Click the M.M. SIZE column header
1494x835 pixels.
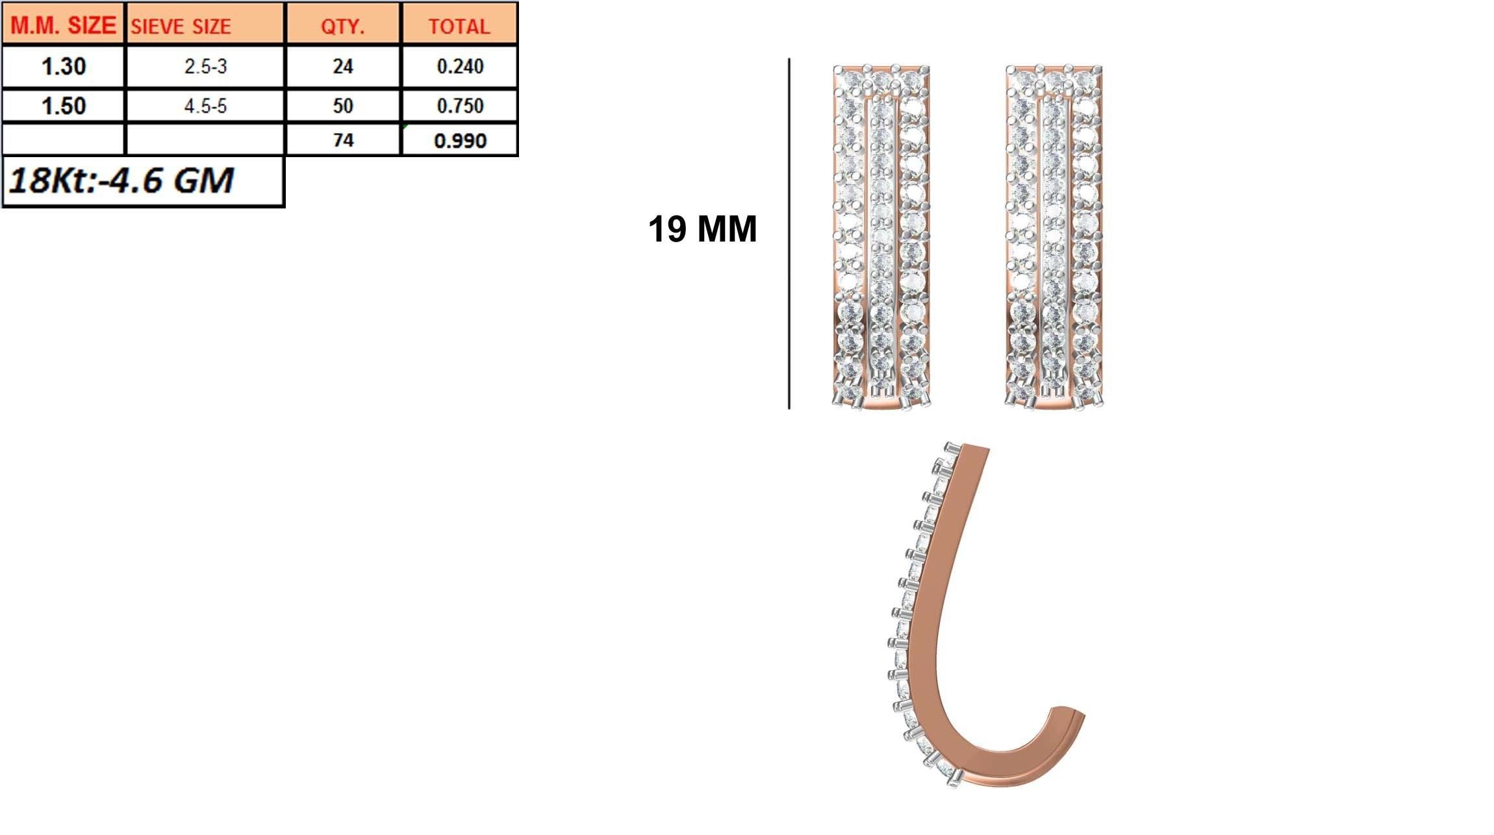63,25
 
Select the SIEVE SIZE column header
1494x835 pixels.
181,27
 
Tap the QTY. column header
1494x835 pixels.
342,27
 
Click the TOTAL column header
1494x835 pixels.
459,27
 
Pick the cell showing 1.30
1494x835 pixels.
63,66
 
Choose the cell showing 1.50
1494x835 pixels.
63,106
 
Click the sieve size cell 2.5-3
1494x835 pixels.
205,66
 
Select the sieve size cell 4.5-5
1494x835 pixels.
205,106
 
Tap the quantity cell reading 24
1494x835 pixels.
342,66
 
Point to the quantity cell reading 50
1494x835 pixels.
342,106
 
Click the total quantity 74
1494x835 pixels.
342,140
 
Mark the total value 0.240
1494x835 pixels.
460,66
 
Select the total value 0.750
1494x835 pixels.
460,106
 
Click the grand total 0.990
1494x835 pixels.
460,141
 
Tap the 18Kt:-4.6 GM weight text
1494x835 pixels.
121,181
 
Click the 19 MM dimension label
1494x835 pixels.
702,229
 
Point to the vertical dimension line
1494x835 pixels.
789,234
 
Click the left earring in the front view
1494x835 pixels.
881,237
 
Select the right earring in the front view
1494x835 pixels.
1054,237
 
